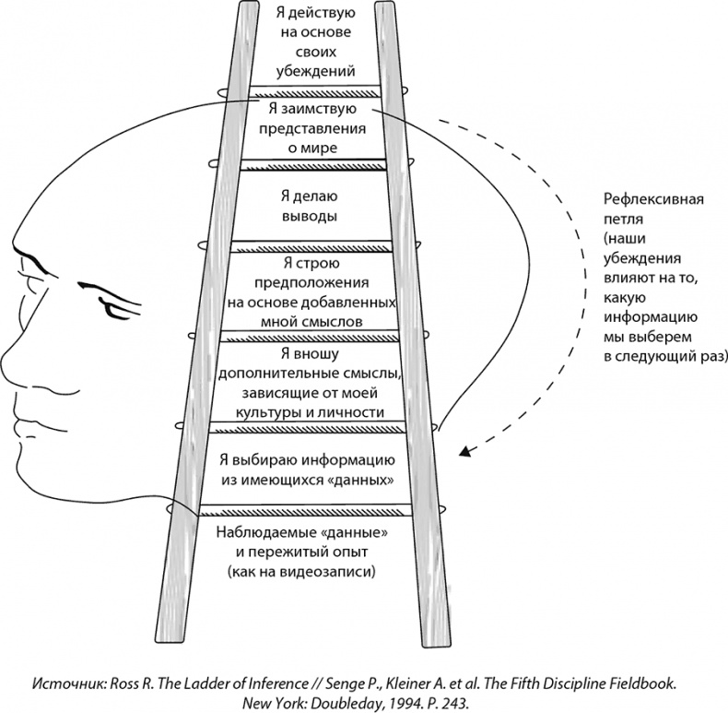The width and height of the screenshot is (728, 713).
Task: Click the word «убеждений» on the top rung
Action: pyautogui.click(x=314, y=71)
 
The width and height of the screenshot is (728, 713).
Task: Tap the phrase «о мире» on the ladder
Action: pyautogui.click(x=313, y=148)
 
